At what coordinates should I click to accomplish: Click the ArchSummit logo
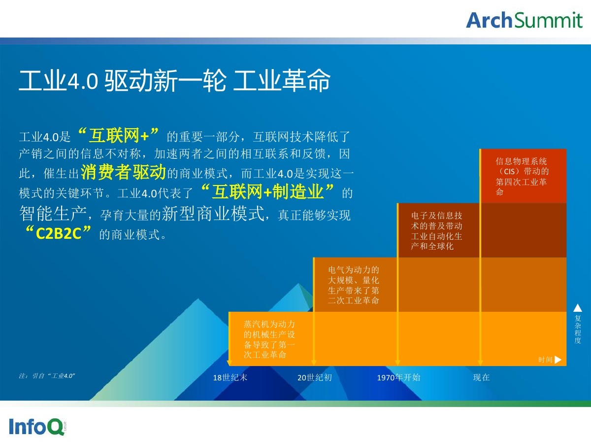click(524, 20)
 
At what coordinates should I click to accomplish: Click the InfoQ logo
click(37, 427)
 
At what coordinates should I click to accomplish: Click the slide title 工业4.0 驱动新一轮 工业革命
click(174, 80)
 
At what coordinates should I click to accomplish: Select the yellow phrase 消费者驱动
click(123, 172)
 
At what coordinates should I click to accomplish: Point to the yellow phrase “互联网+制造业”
click(267, 192)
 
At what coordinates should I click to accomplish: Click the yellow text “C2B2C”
click(59, 233)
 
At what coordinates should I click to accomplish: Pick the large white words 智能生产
click(53, 214)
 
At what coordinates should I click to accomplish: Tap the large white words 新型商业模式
click(213, 214)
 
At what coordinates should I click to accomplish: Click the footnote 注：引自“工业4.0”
click(47, 376)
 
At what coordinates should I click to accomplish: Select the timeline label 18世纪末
click(230, 377)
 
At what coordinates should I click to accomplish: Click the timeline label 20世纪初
click(315, 377)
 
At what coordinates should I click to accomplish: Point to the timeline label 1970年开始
click(399, 377)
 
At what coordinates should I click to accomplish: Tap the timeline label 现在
click(481, 377)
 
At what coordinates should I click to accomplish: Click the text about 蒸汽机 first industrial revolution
click(269, 339)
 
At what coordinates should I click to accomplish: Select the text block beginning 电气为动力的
click(353, 285)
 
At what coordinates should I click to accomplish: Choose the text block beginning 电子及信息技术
click(436, 231)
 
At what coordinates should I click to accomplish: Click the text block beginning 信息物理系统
click(522, 176)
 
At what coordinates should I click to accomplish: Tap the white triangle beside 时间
click(558, 360)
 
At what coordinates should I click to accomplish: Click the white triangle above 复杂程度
click(578, 308)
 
